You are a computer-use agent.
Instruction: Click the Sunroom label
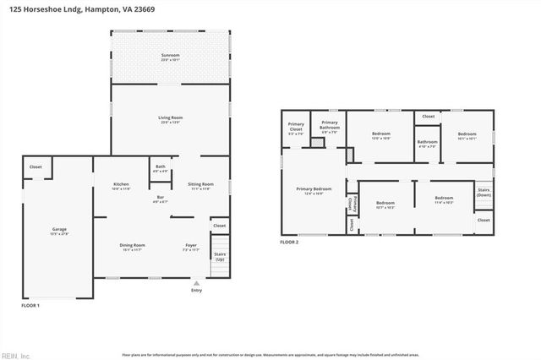click(171, 57)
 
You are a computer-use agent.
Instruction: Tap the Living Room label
click(171, 118)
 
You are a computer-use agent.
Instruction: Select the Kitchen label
click(121, 185)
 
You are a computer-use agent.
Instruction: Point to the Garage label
click(59, 230)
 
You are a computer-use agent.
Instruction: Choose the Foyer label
click(191, 246)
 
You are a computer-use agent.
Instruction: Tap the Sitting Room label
click(199, 184)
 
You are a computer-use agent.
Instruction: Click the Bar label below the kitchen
click(160, 198)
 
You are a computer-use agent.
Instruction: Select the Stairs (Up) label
click(219, 255)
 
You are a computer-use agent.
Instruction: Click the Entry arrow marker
click(197, 283)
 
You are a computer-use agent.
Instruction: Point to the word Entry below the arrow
click(197, 291)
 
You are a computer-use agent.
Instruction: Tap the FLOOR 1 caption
click(30, 304)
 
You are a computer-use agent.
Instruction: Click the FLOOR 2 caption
click(289, 242)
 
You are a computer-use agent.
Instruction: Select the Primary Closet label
click(296, 128)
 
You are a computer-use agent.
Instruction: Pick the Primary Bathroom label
click(329, 128)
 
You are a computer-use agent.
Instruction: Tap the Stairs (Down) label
click(484, 193)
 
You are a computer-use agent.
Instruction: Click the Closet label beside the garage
click(36, 167)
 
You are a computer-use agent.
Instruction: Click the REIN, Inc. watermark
click(17, 355)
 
